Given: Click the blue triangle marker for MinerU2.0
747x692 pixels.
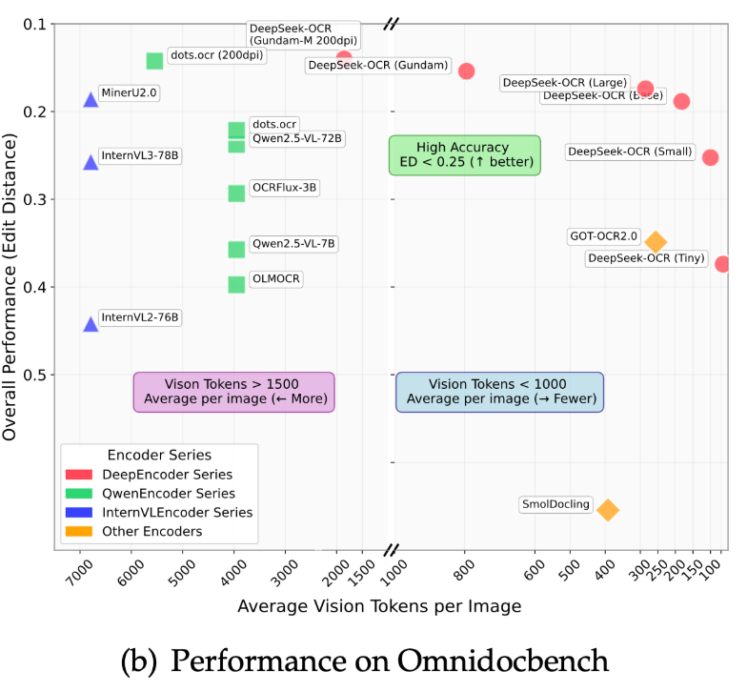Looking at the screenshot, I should (x=91, y=99).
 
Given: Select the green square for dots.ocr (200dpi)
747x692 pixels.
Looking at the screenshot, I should (x=154, y=61).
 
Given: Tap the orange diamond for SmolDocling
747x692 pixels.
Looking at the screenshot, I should (x=608, y=510).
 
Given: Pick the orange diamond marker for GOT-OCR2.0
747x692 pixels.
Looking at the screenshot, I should (x=656, y=242).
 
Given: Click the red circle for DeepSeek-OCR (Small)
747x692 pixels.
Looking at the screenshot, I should (x=711, y=157).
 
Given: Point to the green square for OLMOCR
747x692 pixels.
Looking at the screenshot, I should (x=236, y=284).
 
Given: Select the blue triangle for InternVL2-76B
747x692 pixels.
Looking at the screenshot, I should (x=91, y=324).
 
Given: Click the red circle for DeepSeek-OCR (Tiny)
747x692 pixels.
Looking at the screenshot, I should (x=722, y=264).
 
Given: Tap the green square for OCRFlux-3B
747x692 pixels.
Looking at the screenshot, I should (x=236, y=193).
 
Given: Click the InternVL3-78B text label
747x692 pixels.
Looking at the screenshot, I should (x=139, y=155).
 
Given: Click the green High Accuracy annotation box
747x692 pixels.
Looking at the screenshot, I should (x=464, y=154).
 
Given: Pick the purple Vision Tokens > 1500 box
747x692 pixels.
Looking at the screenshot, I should (x=233, y=391).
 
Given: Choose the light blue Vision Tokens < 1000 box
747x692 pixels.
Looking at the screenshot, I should (x=499, y=391).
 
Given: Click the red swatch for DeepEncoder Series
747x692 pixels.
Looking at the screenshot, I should (x=77, y=475).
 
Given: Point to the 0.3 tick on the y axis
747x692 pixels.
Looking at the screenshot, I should (x=40, y=199).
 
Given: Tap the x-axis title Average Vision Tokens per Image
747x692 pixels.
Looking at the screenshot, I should (x=379, y=606).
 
